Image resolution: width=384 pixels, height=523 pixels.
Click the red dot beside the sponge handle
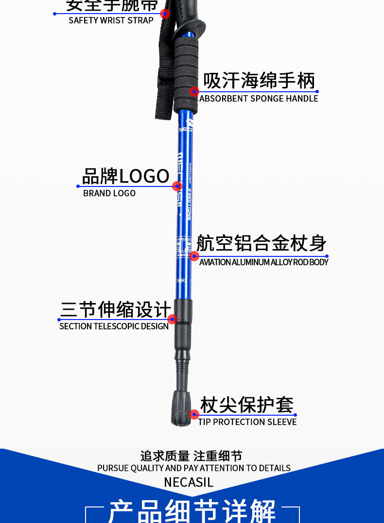tap(194, 91)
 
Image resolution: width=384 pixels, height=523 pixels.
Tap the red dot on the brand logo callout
tap(177, 186)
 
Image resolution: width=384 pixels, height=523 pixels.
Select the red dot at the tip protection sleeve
tap(194, 414)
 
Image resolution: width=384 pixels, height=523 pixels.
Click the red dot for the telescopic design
tap(172, 319)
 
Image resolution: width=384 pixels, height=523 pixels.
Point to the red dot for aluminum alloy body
tap(194, 256)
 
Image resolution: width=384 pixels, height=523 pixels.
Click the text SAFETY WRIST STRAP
tap(111, 20)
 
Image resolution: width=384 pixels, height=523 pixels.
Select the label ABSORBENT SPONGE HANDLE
tap(259, 99)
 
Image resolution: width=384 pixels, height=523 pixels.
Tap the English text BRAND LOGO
tap(109, 193)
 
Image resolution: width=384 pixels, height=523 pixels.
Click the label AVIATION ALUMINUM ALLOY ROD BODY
tap(263, 262)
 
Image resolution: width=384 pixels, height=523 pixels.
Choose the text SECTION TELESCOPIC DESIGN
tap(114, 326)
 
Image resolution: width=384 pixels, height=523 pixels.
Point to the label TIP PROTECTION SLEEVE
tap(247, 422)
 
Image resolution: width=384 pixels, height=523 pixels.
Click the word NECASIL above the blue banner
tap(189, 483)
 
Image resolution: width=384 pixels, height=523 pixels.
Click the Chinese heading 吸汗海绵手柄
tap(259, 81)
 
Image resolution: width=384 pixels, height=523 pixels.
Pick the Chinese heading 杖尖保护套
tap(247, 405)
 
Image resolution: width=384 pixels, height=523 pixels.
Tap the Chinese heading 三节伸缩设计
tap(116, 309)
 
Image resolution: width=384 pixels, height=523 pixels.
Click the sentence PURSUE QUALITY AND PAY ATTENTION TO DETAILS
tap(194, 468)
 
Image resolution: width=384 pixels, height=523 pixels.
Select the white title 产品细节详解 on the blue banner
tap(192, 511)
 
